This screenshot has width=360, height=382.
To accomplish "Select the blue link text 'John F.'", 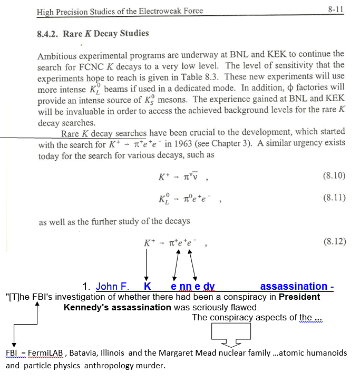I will click(x=113, y=287).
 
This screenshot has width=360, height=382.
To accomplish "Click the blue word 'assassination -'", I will click(x=297, y=287).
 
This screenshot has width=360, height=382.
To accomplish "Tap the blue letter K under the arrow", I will click(x=148, y=287).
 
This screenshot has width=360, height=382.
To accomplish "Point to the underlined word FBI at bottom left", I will click(x=12, y=352).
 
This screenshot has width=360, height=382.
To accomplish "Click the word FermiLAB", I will click(x=45, y=352).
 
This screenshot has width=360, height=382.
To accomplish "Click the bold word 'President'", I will click(x=299, y=297).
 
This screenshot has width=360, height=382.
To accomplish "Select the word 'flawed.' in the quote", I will click(x=245, y=307).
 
